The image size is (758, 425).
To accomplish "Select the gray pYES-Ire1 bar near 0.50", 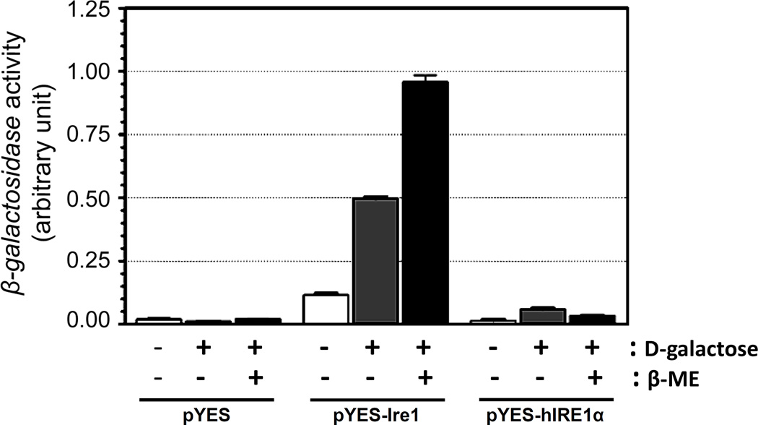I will (x=375, y=260).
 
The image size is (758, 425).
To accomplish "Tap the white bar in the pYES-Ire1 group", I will (x=326, y=309).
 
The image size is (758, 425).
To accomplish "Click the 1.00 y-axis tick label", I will (x=103, y=72).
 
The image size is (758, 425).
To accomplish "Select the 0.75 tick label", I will (x=103, y=134).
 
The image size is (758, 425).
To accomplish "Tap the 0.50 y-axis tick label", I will (x=103, y=197).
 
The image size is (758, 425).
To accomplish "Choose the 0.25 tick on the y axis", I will (x=103, y=260).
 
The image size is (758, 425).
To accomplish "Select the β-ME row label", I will (x=682, y=377).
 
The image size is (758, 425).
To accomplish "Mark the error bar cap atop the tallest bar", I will (x=424, y=75).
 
